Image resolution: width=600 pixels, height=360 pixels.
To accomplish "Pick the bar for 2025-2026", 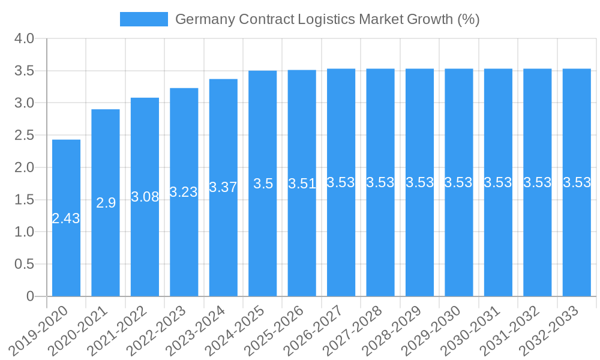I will pos(302,240).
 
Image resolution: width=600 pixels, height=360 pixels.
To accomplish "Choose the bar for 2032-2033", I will pos(577,240).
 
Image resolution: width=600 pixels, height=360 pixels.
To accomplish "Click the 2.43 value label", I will pos(66,218).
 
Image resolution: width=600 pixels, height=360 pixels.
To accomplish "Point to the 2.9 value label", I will pos(106,203).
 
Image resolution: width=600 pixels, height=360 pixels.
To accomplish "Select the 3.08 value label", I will pos(145,197).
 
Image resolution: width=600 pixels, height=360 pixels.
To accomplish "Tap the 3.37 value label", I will pos(223,187).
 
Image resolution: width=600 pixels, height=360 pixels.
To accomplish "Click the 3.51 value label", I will pos(302,184).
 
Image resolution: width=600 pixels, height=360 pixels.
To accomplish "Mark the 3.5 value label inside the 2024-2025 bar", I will pos(263,184).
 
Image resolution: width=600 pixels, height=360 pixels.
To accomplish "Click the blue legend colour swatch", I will pos(144,19).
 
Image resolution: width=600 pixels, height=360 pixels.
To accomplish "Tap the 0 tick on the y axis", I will pos(31,296).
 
